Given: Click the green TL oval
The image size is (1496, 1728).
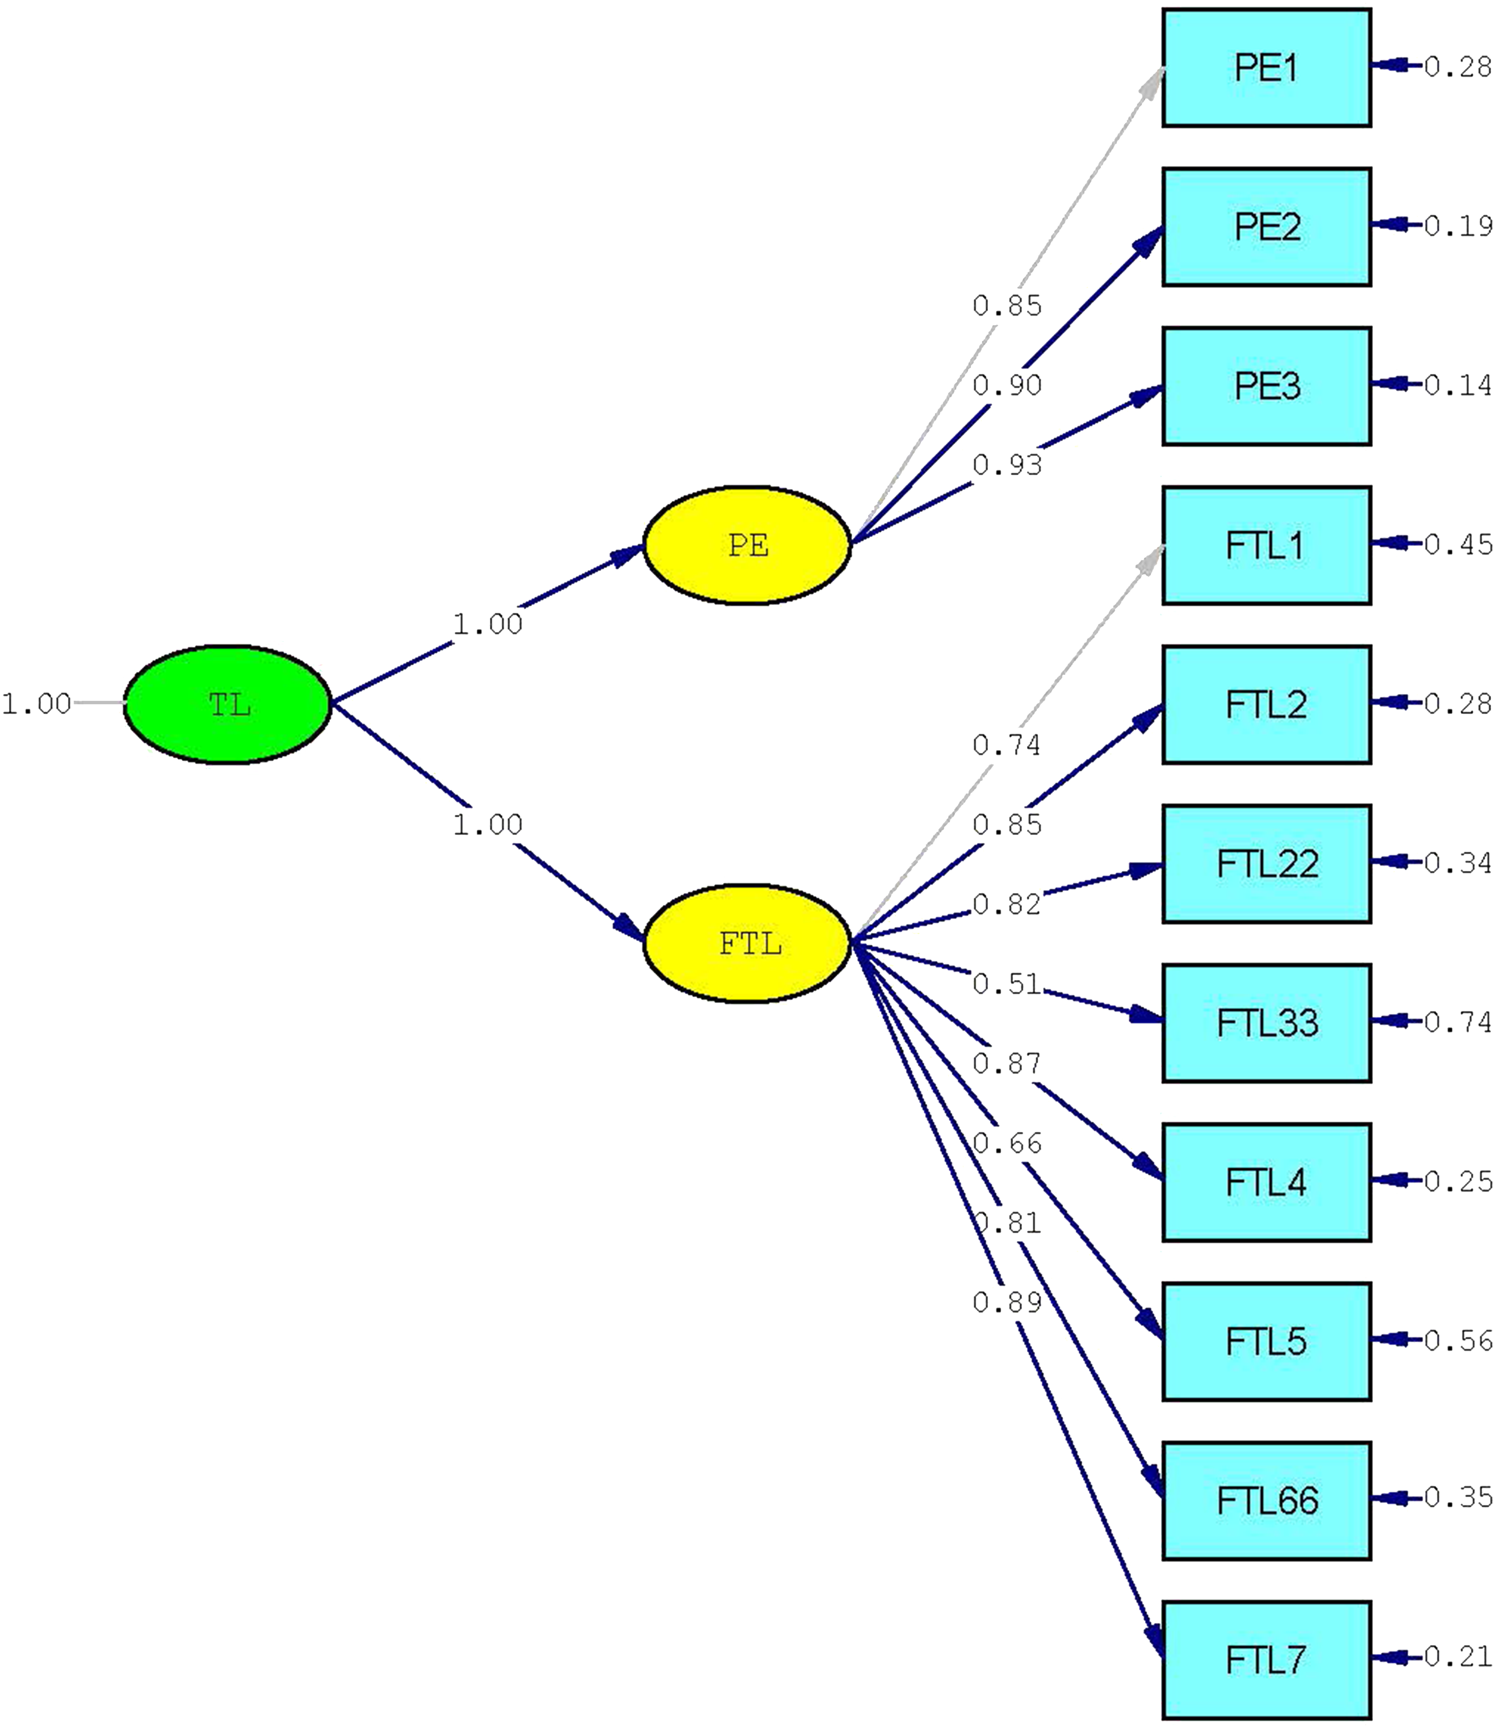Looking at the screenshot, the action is pyautogui.click(x=228, y=704).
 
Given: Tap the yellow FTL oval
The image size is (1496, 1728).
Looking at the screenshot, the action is pyautogui.click(x=747, y=944).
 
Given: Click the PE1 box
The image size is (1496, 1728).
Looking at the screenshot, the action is pyautogui.click(x=1267, y=68).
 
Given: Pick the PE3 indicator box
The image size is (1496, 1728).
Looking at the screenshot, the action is pyautogui.click(x=1267, y=386).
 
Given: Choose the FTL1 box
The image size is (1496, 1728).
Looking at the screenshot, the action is pyautogui.click(x=1267, y=546).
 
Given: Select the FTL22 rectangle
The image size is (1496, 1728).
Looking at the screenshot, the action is pyautogui.click(x=1267, y=864).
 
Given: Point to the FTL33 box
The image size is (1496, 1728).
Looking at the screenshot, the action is pyautogui.click(x=1267, y=1024).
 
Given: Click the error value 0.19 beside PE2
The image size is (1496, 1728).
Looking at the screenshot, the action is pyautogui.click(x=1457, y=225).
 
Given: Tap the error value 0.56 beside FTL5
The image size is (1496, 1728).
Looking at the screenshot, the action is pyautogui.click(x=1457, y=1341).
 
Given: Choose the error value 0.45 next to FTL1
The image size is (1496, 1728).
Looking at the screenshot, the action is pyautogui.click(x=1457, y=544).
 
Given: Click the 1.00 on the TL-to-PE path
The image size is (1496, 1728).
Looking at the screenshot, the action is pyautogui.click(x=488, y=623).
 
